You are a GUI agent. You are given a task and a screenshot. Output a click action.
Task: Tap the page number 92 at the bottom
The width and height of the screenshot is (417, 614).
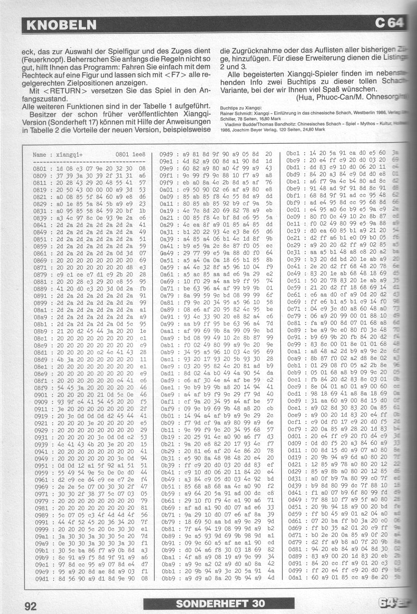[x=30, y=605]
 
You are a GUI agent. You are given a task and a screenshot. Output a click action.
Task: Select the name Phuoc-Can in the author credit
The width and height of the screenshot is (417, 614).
[x=336, y=98]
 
